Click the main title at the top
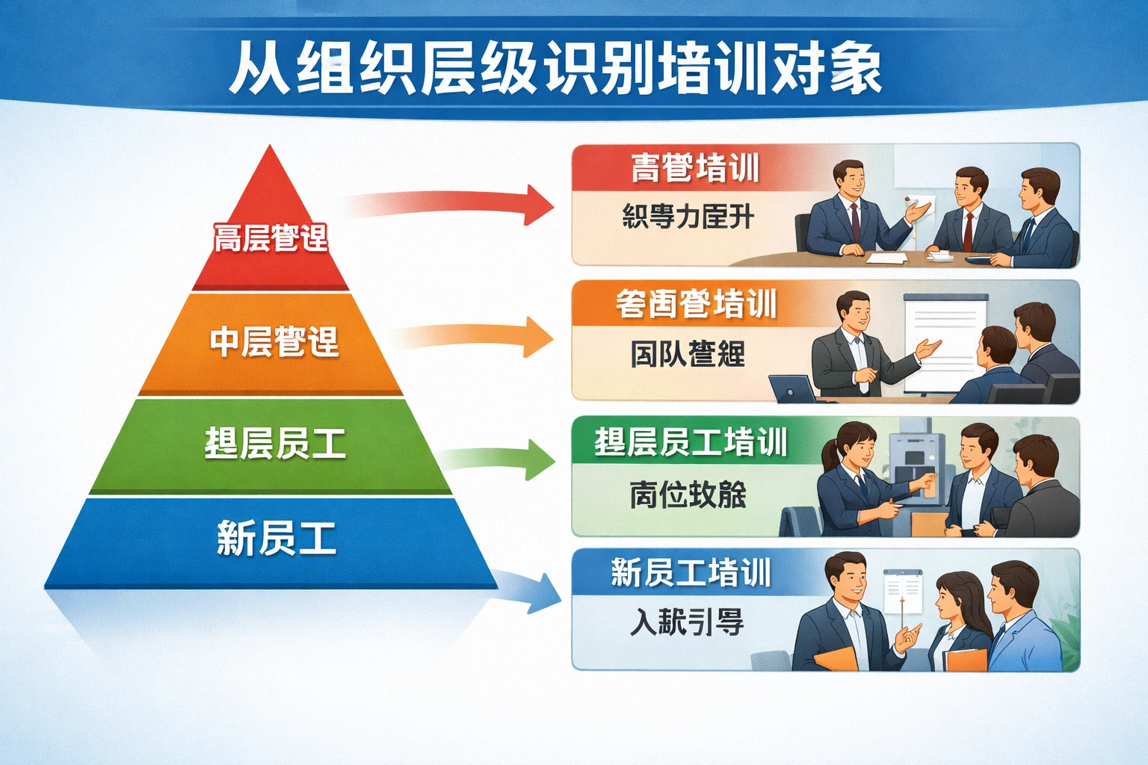coord(555,69)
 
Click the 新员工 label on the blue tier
coord(277,539)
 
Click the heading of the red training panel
coord(695,169)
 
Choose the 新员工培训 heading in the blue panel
coord(691,574)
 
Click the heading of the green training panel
coord(691,442)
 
